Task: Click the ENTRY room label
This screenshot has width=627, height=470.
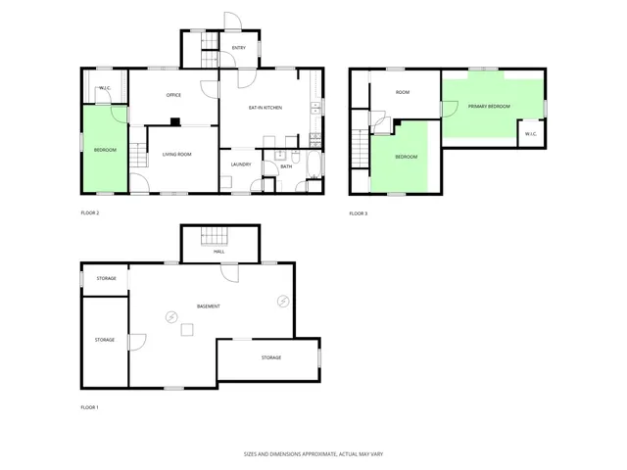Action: [239, 47]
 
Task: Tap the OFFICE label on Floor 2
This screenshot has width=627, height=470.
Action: [173, 95]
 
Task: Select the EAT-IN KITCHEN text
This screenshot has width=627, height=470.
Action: [265, 107]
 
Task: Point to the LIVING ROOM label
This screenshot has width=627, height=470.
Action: [176, 156]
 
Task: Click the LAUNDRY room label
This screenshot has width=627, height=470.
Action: [241, 164]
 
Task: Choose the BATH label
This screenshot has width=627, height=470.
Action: [286, 166]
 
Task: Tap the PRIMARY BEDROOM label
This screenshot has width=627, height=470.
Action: [489, 106]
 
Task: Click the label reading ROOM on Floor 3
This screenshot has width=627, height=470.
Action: [402, 92]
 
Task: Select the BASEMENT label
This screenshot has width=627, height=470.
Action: [208, 306]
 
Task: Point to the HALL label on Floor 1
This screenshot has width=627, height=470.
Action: [218, 252]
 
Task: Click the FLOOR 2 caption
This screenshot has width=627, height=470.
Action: [90, 212]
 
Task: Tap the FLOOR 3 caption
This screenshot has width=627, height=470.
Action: [359, 213]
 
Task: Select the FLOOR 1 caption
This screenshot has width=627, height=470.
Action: [90, 406]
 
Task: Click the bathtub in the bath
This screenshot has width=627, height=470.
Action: [313, 164]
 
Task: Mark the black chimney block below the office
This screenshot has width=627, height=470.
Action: [174, 121]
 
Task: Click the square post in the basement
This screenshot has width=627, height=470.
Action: [187, 331]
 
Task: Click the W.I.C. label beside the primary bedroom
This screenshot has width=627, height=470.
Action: [529, 134]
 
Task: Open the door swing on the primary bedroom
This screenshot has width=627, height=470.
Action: [449, 109]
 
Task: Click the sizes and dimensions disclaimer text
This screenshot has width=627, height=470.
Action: [313, 454]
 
